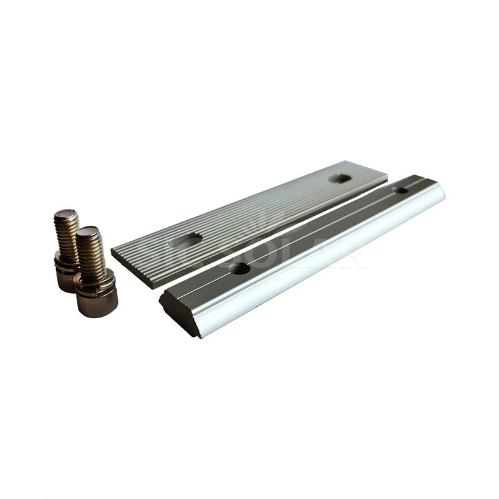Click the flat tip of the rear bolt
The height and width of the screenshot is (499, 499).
(66, 214)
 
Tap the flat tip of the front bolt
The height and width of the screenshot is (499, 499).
(88, 231)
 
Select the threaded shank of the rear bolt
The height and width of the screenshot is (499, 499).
(66, 234)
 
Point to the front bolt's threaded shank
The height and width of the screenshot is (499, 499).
(91, 253)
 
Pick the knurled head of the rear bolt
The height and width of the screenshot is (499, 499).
(65, 279)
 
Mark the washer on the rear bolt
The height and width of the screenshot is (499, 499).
(65, 261)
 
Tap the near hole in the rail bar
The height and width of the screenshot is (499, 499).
(239, 268)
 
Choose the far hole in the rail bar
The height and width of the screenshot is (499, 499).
(402, 189)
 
